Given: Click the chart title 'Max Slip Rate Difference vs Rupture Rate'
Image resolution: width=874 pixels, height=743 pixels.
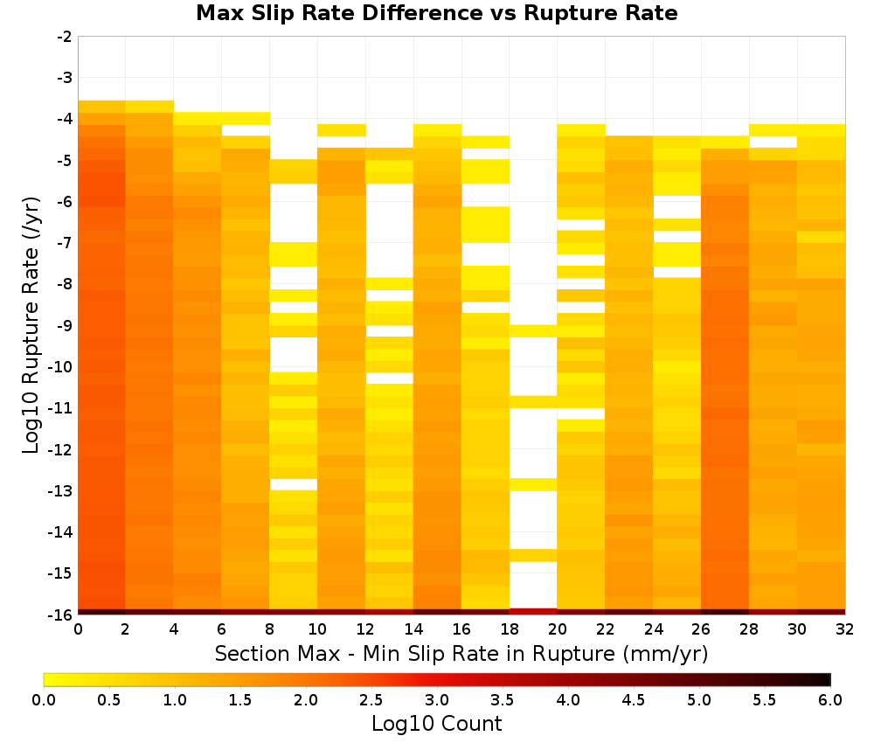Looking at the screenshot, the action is click(437, 13).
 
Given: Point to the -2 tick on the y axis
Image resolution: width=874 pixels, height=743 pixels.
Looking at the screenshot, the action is click(65, 37).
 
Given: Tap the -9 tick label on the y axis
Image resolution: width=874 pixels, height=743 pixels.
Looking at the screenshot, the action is click(65, 325).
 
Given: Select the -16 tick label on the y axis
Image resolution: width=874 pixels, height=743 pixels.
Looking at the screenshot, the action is click(61, 615).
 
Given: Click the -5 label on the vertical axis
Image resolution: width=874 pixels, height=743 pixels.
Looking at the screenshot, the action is click(65, 161).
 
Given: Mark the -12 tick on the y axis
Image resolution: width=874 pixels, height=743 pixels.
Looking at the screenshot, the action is click(61, 449).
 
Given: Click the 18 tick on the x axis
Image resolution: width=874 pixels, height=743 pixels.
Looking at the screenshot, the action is click(510, 629).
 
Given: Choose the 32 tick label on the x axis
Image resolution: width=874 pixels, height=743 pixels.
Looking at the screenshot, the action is click(845, 629).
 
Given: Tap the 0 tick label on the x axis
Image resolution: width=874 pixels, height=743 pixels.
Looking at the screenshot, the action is click(78, 629).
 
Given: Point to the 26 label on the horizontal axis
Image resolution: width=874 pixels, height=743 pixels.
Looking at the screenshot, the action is click(701, 629).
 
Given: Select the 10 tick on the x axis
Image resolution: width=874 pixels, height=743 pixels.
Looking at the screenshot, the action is click(318, 629).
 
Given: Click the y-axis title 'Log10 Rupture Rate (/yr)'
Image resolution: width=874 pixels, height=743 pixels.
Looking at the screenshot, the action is click(31, 325).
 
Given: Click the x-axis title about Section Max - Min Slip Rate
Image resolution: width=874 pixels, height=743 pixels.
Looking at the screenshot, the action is click(461, 654).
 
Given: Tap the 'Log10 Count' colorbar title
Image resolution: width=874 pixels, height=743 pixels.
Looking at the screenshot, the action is click(437, 724).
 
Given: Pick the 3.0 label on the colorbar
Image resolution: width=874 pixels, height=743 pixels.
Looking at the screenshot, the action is click(437, 700).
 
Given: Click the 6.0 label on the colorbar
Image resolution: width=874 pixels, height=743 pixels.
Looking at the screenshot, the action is click(830, 700).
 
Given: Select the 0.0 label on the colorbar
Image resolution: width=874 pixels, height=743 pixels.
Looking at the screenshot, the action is click(44, 700).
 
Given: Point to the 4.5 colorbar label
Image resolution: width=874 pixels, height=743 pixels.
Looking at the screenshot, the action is click(634, 700).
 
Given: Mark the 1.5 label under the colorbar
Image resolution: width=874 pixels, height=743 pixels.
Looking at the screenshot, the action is click(240, 700).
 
